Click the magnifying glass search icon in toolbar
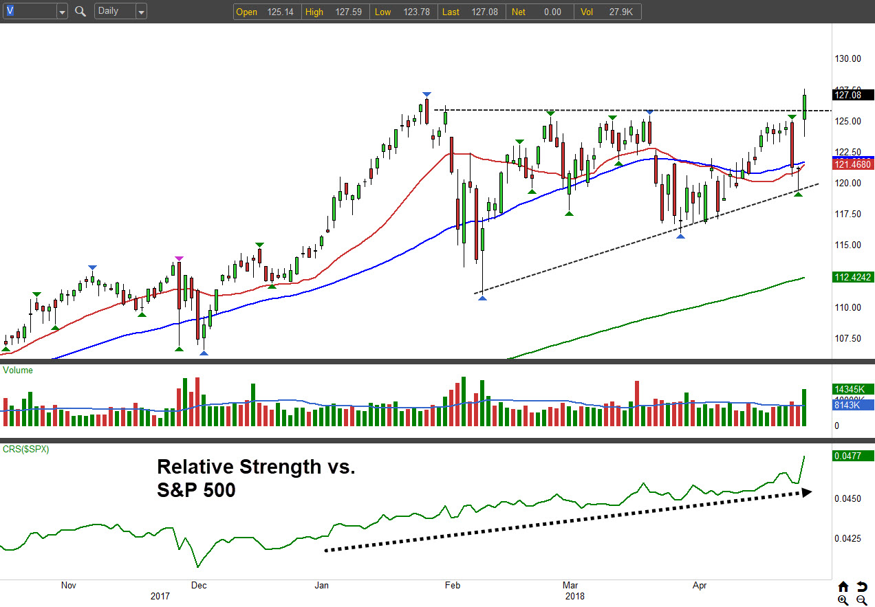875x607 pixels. click(x=80, y=11)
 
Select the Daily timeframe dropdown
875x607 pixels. click(x=121, y=11)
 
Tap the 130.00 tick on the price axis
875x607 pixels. click(x=847, y=59)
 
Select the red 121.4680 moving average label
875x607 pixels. click(x=853, y=164)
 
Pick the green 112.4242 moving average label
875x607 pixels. click(x=853, y=277)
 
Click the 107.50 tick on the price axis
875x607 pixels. click(x=847, y=338)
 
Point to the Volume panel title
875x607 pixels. click(x=18, y=371)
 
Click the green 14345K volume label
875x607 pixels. click(x=853, y=389)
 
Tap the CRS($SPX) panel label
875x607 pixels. click(x=26, y=449)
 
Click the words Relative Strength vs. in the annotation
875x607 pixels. click(x=256, y=467)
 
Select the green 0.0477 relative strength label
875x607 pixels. click(x=853, y=456)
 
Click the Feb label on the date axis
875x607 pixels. click(x=452, y=586)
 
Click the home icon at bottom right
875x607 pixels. click(x=843, y=587)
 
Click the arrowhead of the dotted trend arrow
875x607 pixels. click(x=807, y=492)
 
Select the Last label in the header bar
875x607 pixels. click(x=451, y=12)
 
